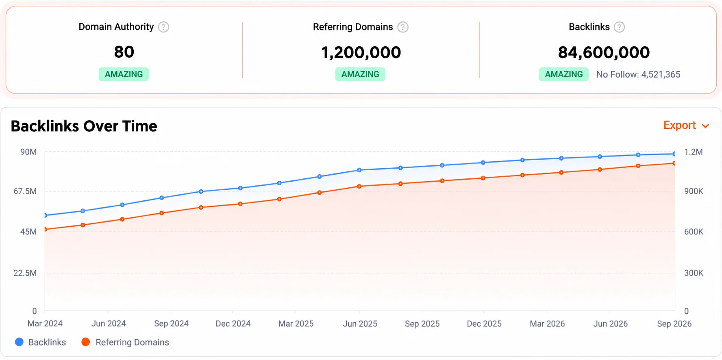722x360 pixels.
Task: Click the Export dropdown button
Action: pyautogui.click(x=686, y=126)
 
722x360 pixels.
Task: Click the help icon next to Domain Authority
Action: pyautogui.click(x=163, y=27)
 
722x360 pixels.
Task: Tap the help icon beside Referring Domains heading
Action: pyautogui.click(x=403, y=27)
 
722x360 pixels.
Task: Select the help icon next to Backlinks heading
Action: pyautogui.click(x=619, y=27)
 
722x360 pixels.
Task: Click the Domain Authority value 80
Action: pyautogui.click(x=124, y=52)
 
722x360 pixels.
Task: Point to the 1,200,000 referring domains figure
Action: pyautogui.click(x=361, y=52)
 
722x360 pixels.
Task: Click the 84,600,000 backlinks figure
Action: pyautogui.click(x=604, y=52)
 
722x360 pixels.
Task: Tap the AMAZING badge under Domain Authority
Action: pyautogui.click(x=124, y=74)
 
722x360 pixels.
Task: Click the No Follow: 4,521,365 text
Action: pyautogui.click(x=638, y=74)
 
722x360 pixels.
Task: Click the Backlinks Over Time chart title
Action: pyautogui.click(x=84, y=126)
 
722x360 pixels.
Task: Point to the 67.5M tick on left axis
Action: pyautogui.click(x=25, y=191)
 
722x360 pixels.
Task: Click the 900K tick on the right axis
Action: pyautogui.click(x=694, y=191)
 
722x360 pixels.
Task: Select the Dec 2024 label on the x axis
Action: pyautogui.click(x=233, y=324)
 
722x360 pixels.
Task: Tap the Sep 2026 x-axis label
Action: pyautogui.click(x=674, y=324)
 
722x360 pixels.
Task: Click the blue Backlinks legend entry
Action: pyautogui.click(x=40, y=342)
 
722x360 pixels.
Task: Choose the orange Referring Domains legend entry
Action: pyautogui.click(x=125, y=342)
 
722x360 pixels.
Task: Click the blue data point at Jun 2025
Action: pyautogui.click(x=359, y=170)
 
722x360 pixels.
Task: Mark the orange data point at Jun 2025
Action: pyautogui.click(x=359, y=187)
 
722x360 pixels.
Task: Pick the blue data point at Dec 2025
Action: pyautogui.click(x=483, y=163)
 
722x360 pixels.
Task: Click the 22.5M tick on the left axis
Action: pyautogui.click(x=25, y=273)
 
